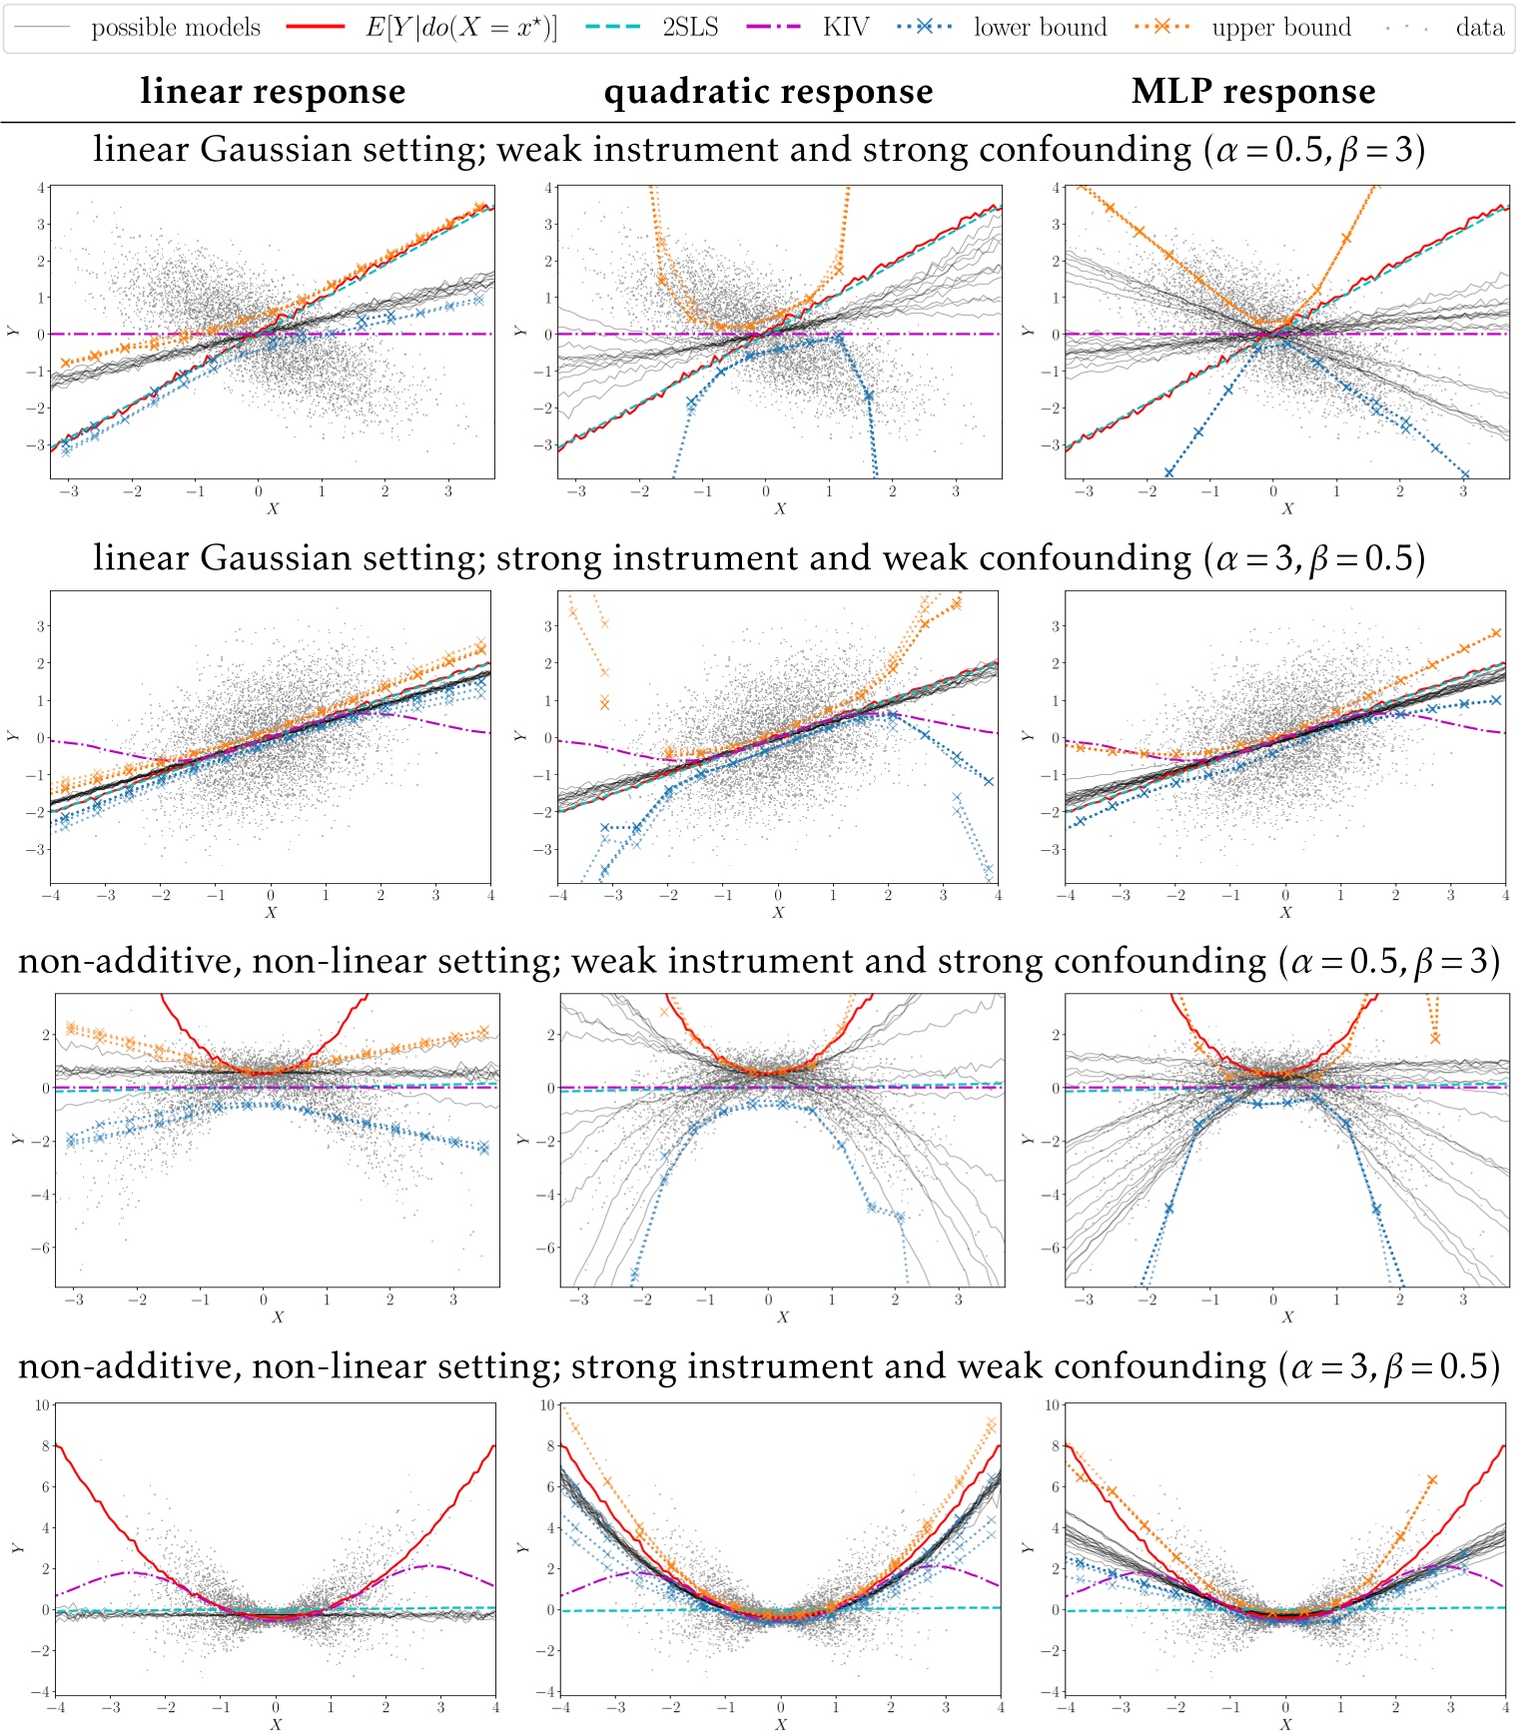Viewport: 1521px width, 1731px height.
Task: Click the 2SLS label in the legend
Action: pos(690,27)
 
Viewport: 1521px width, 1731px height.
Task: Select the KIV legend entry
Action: pos(845,27)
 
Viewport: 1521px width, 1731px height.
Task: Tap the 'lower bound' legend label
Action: pos(1040,27)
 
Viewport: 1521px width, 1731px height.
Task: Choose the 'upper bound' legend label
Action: pos(1280,27)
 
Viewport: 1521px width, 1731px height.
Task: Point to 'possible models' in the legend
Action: pos(176,27)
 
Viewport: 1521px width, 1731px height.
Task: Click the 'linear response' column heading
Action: pos(273,92)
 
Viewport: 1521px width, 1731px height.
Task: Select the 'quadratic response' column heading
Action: pos(768,92)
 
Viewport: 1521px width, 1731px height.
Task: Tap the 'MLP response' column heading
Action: pos(1253,92)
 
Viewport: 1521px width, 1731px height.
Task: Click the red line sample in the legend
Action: pos(316,27)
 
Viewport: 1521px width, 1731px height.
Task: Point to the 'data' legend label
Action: pos(1479,27)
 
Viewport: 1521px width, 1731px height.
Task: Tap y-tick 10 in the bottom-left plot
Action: pos(42,1404)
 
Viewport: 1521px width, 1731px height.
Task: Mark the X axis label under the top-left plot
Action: pos(273,508)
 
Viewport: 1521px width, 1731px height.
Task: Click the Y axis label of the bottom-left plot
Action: pos(16,1548)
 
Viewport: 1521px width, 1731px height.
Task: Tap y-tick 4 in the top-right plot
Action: pos(1057,188)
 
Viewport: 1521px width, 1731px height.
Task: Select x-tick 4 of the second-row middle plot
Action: pos(998,895)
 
